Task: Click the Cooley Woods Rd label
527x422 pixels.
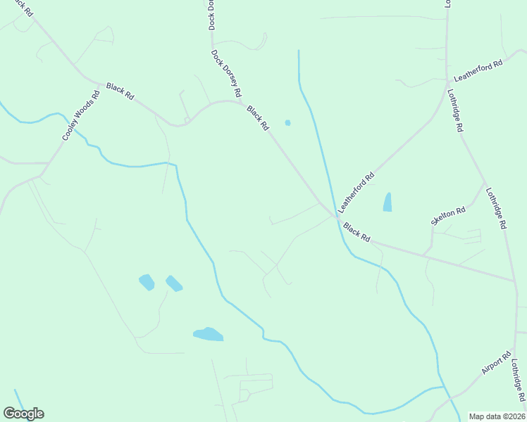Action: [81, 115]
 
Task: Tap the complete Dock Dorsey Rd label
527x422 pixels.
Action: [226, 73]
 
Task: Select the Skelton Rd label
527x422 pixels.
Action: [449, 216]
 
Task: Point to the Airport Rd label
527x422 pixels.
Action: [497, 364]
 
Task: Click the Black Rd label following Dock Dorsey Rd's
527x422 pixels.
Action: [258, 117]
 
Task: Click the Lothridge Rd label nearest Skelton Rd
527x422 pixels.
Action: [496, 209]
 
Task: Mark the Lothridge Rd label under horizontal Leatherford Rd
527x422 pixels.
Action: [455, 110]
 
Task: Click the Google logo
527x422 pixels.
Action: [23, 414]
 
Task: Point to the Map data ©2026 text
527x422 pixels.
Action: [497, 416]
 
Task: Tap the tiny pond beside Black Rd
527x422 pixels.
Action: [287, 123]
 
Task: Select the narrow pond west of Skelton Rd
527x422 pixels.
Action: [387, 202]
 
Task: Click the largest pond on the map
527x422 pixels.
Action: [209, 334]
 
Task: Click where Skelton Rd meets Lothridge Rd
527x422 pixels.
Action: [485, 185]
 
